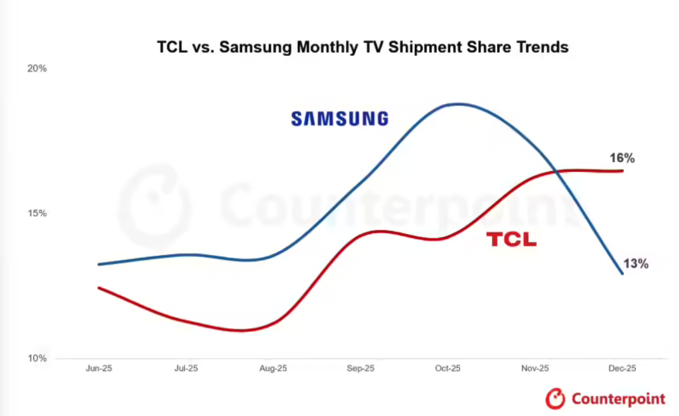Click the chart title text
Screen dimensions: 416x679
click(x=362, y=47)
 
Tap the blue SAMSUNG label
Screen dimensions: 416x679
click(x=339, y=118)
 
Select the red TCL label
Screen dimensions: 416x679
click(x=511, y=240)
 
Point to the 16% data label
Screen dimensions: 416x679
click(x=622, y=158)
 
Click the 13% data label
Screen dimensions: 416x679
click(x=635, y=263)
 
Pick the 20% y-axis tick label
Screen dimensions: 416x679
click(x=37, y=69)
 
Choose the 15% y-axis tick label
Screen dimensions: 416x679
click(x=37, y=213)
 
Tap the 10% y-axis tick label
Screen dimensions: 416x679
click(x=37, y=358)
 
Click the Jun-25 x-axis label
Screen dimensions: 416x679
click(x=99, y=369)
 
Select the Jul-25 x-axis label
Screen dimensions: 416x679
click(x=186, y=369)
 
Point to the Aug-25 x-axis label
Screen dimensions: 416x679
click(x=273, y=369)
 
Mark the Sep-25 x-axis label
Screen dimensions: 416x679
click(x=361, y=369)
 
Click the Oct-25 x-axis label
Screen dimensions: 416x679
click(x=448, y=369)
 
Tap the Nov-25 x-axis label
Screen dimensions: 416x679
click(x=535, y=369)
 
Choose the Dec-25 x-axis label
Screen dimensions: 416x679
click(x=623, y=369)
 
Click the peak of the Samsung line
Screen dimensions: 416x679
click(x=459, y=104)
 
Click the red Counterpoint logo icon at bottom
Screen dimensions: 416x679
click(x=555, y=398)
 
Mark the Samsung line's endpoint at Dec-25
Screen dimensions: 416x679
click(x=623, y=274)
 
